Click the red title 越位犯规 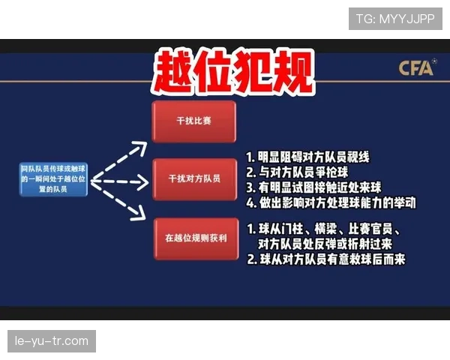click(232, 73)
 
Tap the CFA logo click(416, 69)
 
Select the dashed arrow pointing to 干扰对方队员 click(120, 181)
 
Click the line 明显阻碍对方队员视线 click(308, 158)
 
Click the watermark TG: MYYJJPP click(394, 18)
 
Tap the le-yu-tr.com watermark click(51, 341)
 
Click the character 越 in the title click(174, 73)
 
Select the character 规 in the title click(290, 73)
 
